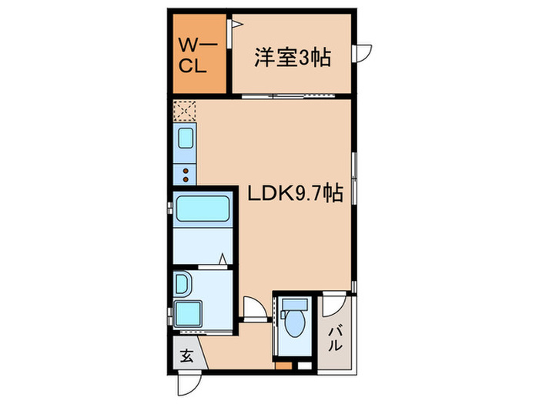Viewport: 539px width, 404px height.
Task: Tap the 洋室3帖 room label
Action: point(293,58)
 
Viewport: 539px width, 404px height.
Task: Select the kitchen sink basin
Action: point(186,139)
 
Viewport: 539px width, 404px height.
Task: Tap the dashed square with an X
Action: point(185,112)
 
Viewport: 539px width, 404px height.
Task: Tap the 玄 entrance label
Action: point(186,356)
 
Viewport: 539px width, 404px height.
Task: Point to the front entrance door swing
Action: point(187,382)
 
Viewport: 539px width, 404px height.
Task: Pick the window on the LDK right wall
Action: point(354,178)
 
